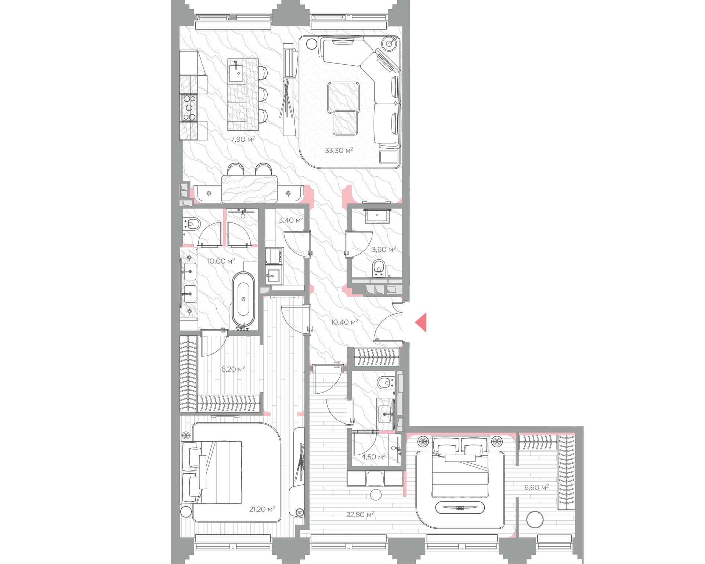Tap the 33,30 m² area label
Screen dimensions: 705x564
[x=339, y=150]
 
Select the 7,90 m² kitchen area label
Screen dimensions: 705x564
[x=242, y=139]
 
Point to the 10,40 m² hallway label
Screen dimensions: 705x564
[x=344, y=322]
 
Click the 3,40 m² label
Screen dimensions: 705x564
[x=291, y=220]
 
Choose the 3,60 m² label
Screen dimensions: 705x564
[x=384, y=249]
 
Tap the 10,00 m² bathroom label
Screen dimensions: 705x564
[x=221, y=261]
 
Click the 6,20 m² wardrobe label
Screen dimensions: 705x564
[x=233, y=369]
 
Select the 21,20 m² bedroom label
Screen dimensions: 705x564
[x=261, y=509]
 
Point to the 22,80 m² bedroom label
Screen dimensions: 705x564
[x=360, y=514]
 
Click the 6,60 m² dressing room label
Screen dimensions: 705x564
[x=536, y=487]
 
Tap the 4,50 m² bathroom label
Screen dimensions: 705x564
[x=373, y=457]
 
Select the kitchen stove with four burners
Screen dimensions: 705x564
[x=189, y=108]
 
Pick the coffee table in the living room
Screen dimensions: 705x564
[x=343, y=108]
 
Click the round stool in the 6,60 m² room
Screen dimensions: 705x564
[x=535, y=520]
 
